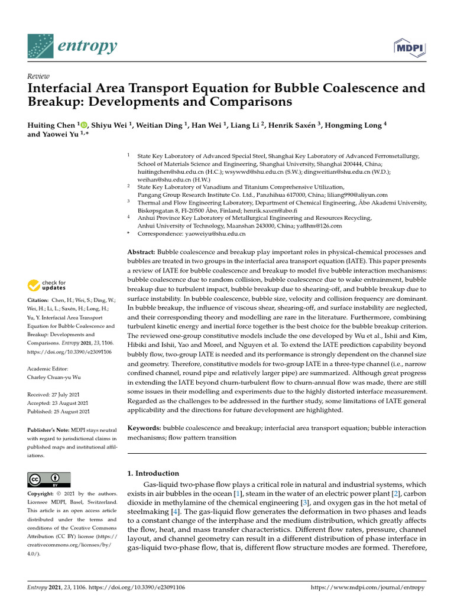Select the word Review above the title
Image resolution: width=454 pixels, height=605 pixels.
[38, 77]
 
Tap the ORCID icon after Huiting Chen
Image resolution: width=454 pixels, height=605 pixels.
[83, 125]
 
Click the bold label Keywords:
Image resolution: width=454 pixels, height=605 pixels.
[145, 427]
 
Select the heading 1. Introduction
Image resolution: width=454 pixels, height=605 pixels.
[153, 473]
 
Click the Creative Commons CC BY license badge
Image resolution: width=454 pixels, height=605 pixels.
[49, 479]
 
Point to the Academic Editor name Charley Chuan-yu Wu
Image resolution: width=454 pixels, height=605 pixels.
[56, 376]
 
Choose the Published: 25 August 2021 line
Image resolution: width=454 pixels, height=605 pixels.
[59, 411]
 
